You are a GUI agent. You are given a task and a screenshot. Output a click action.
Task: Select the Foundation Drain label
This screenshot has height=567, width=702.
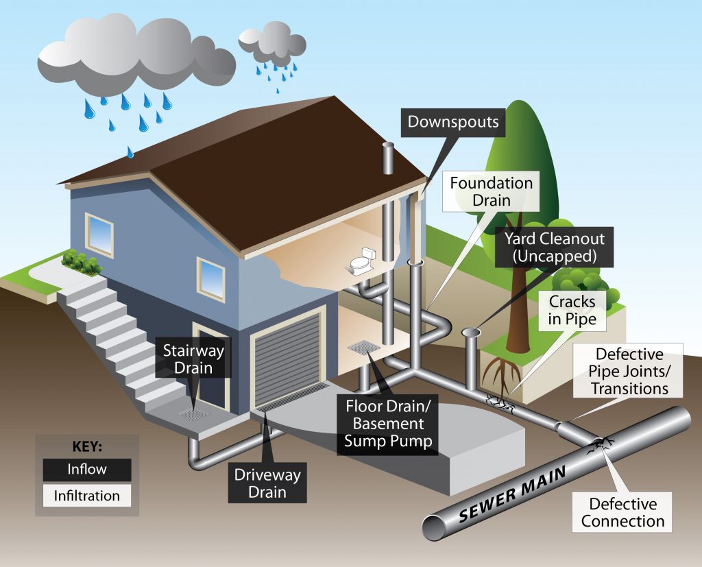(491, 192)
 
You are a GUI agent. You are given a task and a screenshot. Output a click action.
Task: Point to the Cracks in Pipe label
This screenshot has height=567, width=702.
(572, 310)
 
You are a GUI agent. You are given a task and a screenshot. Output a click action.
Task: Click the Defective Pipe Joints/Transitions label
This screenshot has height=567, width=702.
(629, 371)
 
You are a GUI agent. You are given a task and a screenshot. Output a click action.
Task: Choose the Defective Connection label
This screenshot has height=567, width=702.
(622, 512)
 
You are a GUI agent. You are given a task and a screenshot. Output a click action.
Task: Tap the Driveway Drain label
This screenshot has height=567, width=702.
(268, 482)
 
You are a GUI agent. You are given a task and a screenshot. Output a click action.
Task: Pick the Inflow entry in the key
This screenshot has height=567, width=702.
(86, 470)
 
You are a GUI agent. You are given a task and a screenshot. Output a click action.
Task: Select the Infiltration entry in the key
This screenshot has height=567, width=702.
(86, 496)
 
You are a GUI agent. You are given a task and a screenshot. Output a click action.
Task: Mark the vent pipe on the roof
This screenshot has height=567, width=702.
(388, 162)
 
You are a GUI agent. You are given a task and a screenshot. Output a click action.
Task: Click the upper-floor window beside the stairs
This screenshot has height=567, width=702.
(99, 234)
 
